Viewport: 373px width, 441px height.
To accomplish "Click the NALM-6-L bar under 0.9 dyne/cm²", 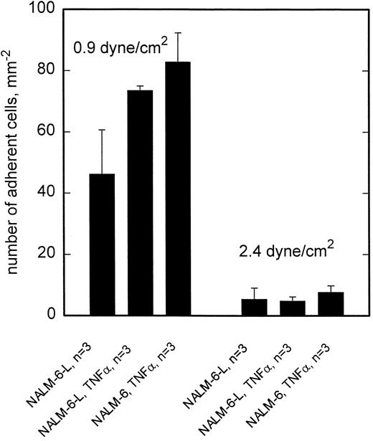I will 102,245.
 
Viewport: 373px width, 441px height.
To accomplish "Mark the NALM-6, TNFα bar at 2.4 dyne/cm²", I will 331,304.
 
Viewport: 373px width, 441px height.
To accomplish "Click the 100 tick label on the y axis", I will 44,10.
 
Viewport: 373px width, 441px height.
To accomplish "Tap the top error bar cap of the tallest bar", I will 179,33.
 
